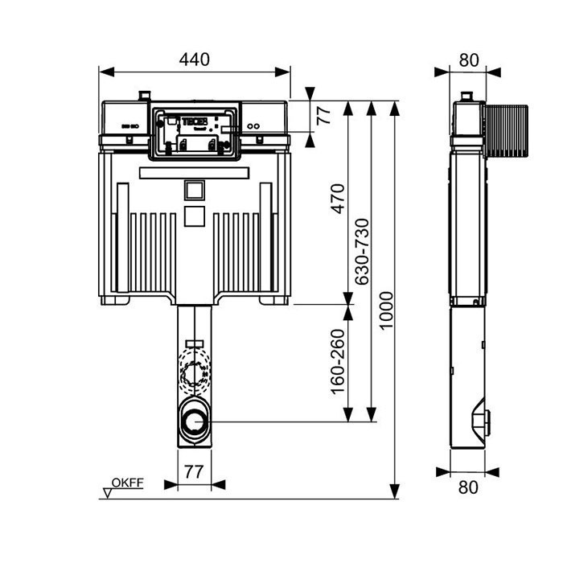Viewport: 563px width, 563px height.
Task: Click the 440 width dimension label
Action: point(194,59)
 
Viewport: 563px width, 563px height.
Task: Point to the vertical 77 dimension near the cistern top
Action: point(323,115)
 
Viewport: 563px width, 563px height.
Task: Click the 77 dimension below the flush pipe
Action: point(194,471)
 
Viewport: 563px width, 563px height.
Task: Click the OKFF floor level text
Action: point(127,483)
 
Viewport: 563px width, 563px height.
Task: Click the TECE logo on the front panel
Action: point(196,121)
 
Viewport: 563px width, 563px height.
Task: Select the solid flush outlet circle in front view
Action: point(194,421)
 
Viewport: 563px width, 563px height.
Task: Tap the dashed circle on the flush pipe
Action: point(194,373)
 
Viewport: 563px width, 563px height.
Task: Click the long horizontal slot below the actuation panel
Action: point(194,173)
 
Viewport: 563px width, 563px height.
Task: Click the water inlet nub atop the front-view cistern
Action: point(144,96)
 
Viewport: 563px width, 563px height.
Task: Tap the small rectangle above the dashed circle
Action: point(193,344)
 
